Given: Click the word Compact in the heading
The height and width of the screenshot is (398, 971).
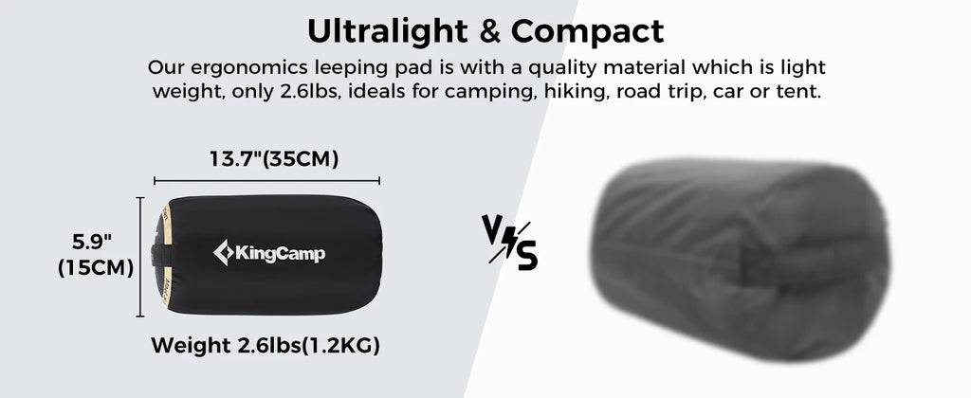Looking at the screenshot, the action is click(x=587, y=31).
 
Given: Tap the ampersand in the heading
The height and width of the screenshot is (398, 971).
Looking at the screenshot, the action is click(x=489, y=31).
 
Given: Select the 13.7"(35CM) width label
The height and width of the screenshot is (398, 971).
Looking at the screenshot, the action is click(x=274, y=159).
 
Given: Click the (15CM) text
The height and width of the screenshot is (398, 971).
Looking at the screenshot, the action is click(x=96, y=268).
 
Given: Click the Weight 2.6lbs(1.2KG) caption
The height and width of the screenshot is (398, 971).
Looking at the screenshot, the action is click(x=266, y=345).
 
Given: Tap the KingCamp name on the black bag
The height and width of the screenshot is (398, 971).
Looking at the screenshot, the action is click(x=280, y=253).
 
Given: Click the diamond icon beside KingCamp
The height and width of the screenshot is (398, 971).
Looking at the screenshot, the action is click(x=222, y=252).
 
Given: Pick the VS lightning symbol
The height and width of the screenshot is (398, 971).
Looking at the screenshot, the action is click(x=509, y=242).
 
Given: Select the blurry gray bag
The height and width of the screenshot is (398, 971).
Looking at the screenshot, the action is click(x=740, y=260).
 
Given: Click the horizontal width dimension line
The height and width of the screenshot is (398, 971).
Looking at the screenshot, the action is click(x=266, y=181).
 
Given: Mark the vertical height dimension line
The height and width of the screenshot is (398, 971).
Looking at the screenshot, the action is click(x=140, y=257).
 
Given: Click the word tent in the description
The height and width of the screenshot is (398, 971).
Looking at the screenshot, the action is click(x=803, y=93).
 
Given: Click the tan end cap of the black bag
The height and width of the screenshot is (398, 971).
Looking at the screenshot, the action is click(x=165, y=256).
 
